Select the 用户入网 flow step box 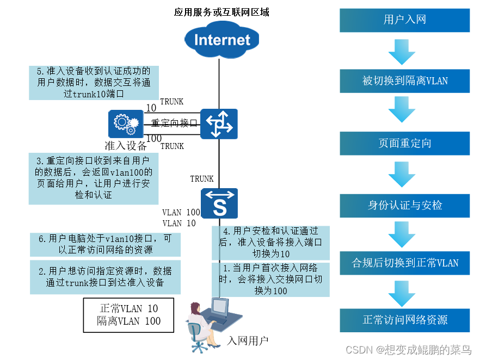(x=404, y=21)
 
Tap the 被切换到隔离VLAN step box (x=404, y=81)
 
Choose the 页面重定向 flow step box (x=404, y=144)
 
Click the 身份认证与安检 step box (x=404, y=206)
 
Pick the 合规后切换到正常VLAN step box (x=404, y=263)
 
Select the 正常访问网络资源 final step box (x=404, y=320)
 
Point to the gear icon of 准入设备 (x=123, y=123)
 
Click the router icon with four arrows (x=219, y=123)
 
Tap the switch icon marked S (x=219, y=205)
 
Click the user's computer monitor (x=219, y=308)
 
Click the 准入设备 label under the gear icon (x=126, y=145)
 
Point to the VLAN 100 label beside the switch (x=181, y=212)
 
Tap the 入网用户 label (x=248, y=341)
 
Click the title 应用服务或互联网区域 (x=221, y=12)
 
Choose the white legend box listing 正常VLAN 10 (x=128, y=315)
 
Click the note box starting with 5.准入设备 (x=90, y=83)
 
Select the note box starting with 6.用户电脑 (x=104, y=244)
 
